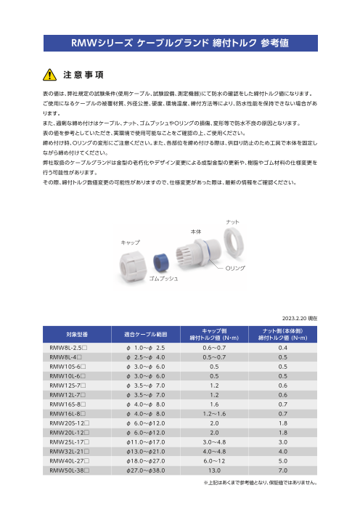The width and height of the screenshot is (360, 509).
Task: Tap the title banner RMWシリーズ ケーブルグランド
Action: point(179,44)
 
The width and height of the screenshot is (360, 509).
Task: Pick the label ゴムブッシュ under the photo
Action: point(163,279)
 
